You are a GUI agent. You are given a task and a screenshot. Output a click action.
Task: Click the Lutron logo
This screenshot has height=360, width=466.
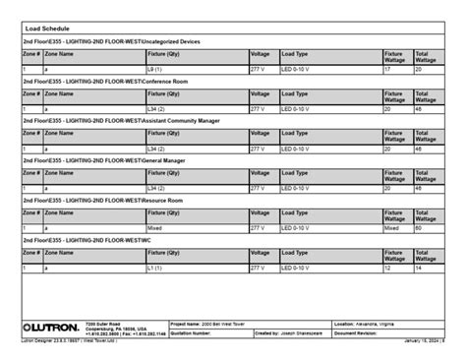point(50,326)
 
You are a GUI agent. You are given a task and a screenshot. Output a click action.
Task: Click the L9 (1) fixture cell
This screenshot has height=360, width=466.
point(155,70)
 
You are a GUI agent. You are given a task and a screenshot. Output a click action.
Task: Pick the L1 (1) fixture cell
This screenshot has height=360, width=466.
point(155,267)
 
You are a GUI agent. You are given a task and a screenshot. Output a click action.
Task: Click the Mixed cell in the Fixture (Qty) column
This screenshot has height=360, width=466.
point(154,227)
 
